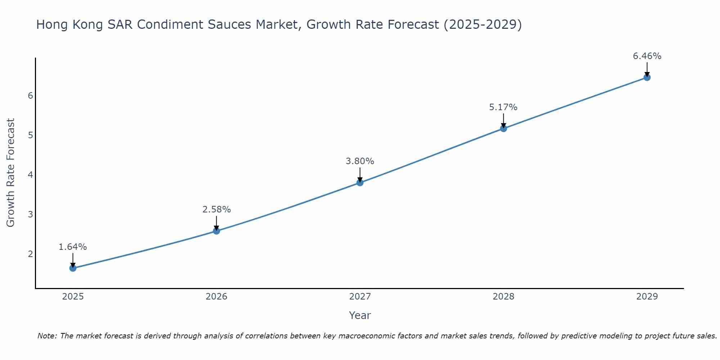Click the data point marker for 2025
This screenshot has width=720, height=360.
[x=73, y=268]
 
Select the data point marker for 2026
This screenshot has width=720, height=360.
[x=216, y=231]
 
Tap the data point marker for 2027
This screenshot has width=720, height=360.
[x=360, y=183]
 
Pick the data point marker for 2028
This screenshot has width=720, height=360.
[x=503, y=128]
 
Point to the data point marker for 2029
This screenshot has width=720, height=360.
[x=647, y=77]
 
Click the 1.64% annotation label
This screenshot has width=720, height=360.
[x=73, y=247]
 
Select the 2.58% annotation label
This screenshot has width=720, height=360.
[x=216, y=210]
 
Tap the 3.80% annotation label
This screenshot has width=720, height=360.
[x=360, y=161]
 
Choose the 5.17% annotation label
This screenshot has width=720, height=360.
[x=503, y=107]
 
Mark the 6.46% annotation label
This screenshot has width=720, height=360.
[x=647, y=56]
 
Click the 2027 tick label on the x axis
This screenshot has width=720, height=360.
[x=360, y=297]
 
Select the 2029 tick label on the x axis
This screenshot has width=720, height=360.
[x=647, y=297]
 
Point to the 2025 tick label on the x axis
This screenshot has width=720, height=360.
[x=73, y=297]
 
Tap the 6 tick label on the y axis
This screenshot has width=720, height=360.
[x=30, y=95]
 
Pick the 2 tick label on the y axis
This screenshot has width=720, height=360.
[x=30, y=254]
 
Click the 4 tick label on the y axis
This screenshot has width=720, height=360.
[x=30, y=175]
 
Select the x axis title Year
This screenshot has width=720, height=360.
[x=360, y=315]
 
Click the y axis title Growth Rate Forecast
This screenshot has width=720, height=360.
[x=11, y=173]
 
